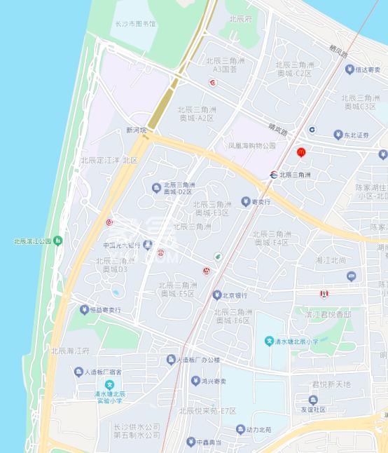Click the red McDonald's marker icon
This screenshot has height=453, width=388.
301,151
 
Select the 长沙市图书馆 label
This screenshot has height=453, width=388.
135,24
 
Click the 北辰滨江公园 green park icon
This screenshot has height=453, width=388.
57,241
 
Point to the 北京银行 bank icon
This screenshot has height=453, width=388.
217,295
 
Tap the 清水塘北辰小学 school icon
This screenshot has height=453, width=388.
268,342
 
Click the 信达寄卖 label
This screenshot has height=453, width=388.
367,69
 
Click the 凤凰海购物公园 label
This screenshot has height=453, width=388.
252,146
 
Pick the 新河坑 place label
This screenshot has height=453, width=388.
137,130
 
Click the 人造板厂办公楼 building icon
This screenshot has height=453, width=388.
170,360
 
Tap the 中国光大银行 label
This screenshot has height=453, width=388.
122,245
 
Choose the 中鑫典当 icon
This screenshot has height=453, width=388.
190,442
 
